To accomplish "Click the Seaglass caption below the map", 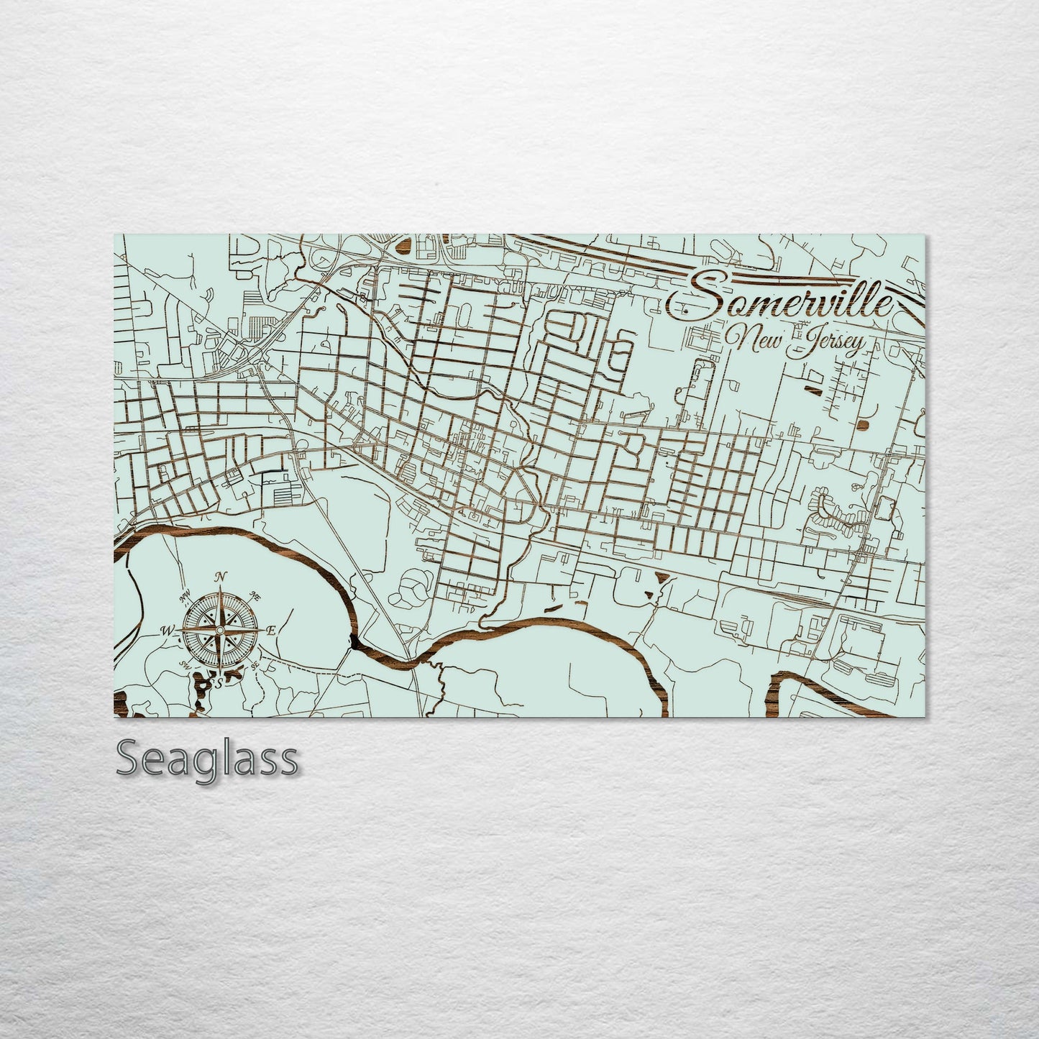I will [x=206, y=759].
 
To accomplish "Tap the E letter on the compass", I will [x=271, y=631].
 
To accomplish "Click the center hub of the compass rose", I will [x=218, y=629].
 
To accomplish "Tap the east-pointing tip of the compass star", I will [x=260, y=629].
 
